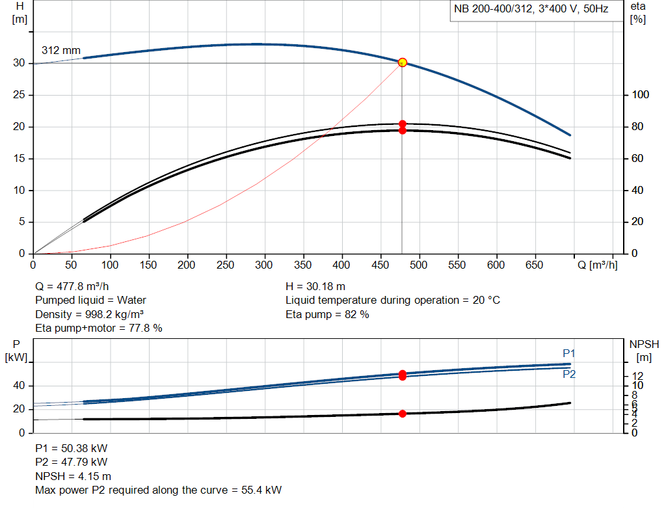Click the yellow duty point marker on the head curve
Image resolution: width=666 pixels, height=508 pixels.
point(402,63)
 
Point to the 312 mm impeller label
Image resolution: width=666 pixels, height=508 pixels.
point(61,50)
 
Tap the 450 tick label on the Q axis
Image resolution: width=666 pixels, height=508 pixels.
point(380,265)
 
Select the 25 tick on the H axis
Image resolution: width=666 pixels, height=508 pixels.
point(19,95)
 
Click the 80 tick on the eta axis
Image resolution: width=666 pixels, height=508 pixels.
point(637,127)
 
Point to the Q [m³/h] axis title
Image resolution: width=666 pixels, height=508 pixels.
point(597,265)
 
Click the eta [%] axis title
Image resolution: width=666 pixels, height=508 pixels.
point(637,13)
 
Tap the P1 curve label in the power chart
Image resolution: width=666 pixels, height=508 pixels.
point(568,353)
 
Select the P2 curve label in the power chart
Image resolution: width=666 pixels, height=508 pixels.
point(568,374)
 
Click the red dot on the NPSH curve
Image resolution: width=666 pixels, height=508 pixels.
point(402,414)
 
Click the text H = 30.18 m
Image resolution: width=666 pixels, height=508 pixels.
point(315,287)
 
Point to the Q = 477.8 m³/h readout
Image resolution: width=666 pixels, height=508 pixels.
point(72,287)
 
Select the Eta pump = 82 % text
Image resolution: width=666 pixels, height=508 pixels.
point(327,314)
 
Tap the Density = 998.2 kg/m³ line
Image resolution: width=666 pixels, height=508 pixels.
point(89,314)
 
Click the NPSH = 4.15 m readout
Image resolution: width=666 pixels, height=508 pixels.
point(73,477)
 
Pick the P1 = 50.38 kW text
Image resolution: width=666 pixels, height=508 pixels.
point(72,449)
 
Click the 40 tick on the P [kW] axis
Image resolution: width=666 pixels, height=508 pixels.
point(19,386)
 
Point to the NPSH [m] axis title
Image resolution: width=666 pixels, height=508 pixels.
point(644,351)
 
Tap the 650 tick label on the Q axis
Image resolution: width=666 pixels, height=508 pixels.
point(535,265)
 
